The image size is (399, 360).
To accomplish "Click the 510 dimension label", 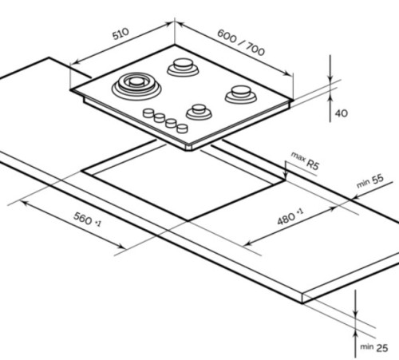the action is click(x=120, y=34).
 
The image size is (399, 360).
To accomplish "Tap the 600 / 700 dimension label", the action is click(x=241, y=42).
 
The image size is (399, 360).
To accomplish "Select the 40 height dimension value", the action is click(x=342, y=113).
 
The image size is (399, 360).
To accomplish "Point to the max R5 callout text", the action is click(x=305, y=160).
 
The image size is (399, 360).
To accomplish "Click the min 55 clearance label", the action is click(x=370, y=180).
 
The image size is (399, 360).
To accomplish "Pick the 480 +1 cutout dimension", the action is click(x=290, y=216).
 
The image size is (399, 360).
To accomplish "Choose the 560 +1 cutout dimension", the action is click(x=87, y=220).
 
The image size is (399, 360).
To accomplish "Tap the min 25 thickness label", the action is click(x=374, y=347).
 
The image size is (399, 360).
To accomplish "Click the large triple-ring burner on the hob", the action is click(x=136, y=87).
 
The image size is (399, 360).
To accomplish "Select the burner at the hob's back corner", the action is click(x=183, y=67).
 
